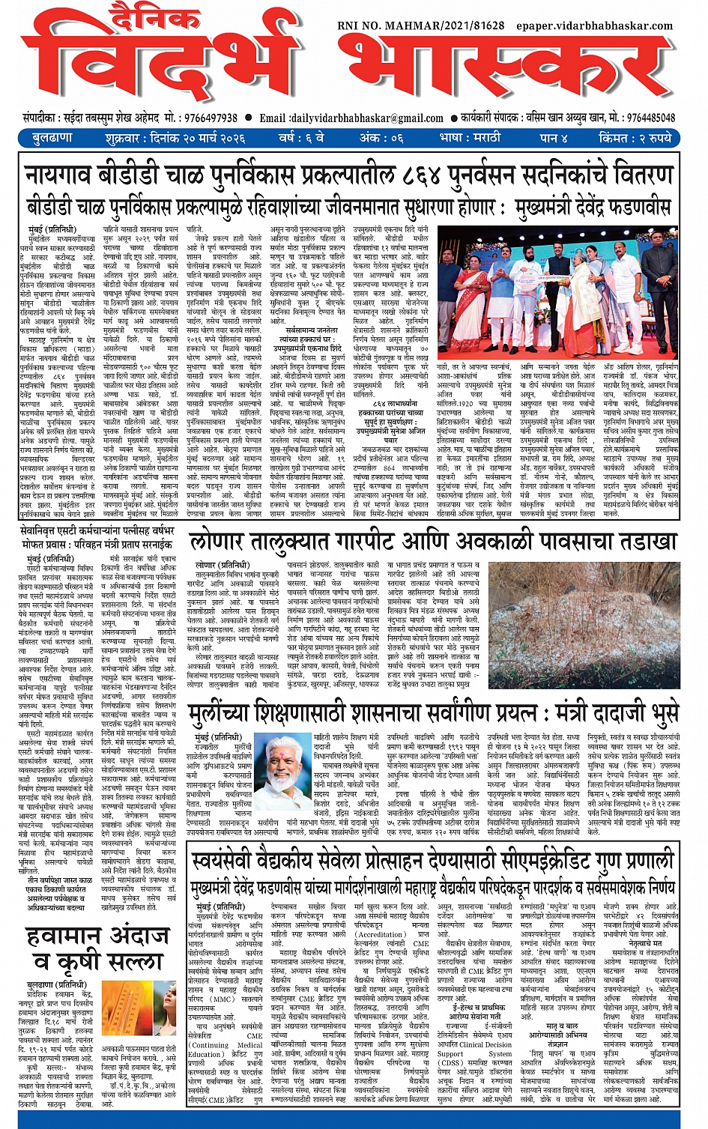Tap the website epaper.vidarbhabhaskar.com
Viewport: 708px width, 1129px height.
click(x=594, y=25)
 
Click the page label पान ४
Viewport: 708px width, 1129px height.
click(x=555, y=139)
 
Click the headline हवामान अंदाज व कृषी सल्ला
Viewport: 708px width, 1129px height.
click(x=97, y=948)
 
